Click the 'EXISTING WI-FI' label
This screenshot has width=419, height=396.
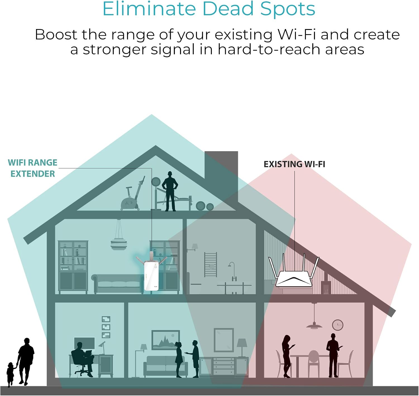point(294,164)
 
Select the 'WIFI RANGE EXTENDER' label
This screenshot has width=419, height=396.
point(33,168)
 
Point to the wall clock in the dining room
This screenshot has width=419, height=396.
point(338,325)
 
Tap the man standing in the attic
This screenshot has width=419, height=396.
point(170,191)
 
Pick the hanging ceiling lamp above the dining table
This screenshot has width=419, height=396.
point(314,316)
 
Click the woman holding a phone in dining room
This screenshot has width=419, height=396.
point(287,356)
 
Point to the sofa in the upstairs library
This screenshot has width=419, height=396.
point(118,283)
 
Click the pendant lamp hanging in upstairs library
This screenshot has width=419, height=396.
point(119,234)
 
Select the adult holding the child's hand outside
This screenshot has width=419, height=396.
point(25,362)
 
